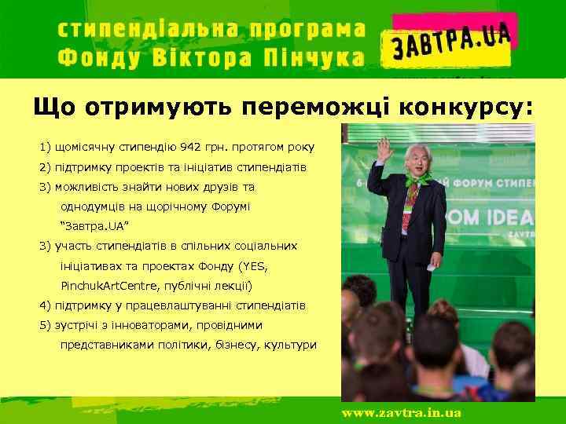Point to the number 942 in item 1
point(190,147)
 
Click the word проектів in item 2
point(139,168)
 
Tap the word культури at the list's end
point(290,344)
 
